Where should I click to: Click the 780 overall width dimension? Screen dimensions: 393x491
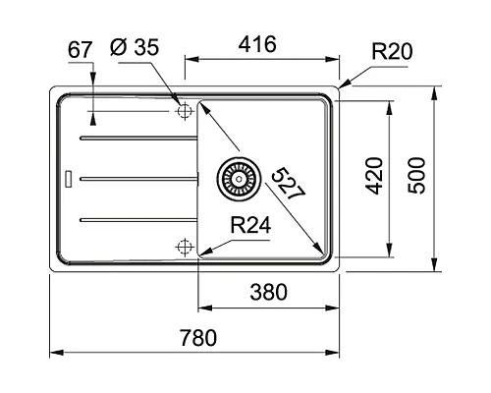point(197,337)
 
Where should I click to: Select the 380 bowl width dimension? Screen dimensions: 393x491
point(269,292)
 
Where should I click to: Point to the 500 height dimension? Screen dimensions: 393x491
point(419,175)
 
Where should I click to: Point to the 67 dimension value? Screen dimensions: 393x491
point(82,48)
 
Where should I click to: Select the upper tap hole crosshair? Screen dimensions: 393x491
point(183,112)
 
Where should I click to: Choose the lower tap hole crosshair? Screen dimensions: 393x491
point(183,246)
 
